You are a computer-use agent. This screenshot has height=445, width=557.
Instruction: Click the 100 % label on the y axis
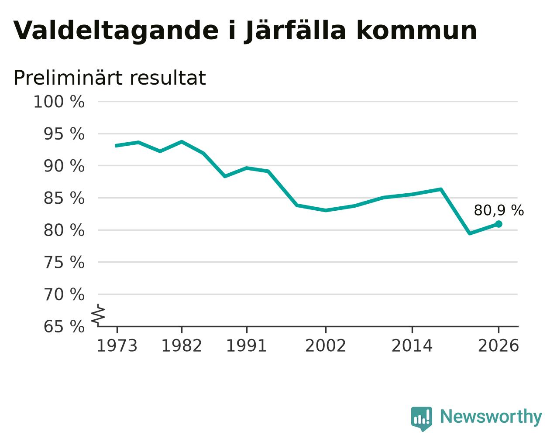[59, 102]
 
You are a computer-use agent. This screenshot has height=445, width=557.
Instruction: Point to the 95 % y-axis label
[64, 134]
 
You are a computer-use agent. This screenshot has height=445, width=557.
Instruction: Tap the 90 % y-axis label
[64, 166]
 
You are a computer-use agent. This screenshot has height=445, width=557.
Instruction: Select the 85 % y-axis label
[64, 198]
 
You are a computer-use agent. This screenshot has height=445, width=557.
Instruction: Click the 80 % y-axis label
[64, 230]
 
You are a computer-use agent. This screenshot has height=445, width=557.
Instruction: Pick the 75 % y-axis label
[64, 262]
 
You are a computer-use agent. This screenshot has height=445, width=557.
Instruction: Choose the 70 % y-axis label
[64, 294]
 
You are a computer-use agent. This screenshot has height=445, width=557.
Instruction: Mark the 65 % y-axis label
[64, 326]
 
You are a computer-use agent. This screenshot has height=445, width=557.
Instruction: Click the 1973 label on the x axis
[117, 346]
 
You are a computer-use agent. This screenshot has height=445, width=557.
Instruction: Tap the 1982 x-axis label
[182, 346]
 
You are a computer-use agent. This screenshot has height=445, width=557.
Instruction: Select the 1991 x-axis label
[247, 346]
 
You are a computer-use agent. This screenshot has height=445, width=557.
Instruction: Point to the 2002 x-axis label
[326, 346]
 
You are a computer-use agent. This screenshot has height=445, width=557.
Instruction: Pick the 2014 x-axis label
[412, 346]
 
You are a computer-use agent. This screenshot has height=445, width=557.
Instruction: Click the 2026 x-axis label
[499, 346]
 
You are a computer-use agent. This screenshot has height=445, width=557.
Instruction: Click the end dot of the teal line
[499, 224]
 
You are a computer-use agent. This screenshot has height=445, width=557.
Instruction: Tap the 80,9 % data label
[499, 210]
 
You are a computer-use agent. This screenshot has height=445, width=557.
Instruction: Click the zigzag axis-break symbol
[98, 315]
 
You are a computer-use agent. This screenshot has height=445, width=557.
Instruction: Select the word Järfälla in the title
[295, 31]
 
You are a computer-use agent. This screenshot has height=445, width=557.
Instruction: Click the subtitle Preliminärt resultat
[110, 78]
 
